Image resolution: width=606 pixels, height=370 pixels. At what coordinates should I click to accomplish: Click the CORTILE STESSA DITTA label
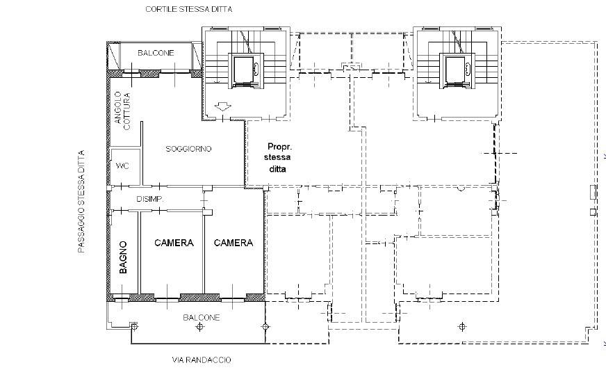coord(188,10)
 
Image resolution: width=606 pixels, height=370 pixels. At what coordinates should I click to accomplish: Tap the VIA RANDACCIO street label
coord(201,360)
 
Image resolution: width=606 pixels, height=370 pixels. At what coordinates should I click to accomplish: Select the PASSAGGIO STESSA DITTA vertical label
coord(81,202)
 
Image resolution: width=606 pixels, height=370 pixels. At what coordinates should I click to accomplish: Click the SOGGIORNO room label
coord(188,150)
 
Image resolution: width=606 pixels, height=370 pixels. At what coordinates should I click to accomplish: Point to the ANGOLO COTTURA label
coord(122,111)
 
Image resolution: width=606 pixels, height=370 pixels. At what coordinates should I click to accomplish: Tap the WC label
coord(123,166)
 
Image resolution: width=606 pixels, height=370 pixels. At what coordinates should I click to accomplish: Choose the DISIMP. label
coord(149,200)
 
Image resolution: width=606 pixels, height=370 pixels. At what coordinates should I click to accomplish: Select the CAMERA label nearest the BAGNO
coord(174,243)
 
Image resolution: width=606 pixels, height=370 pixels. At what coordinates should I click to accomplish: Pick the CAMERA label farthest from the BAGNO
coord(234,243)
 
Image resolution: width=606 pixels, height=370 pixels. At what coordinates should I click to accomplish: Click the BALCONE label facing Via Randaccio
coord(202,318)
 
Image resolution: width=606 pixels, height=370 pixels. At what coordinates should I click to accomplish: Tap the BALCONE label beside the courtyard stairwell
coord(156,53)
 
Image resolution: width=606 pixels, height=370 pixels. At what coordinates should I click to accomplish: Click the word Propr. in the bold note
coord(280,147)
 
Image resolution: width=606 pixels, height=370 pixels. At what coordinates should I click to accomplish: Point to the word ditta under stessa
coord(278,169)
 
